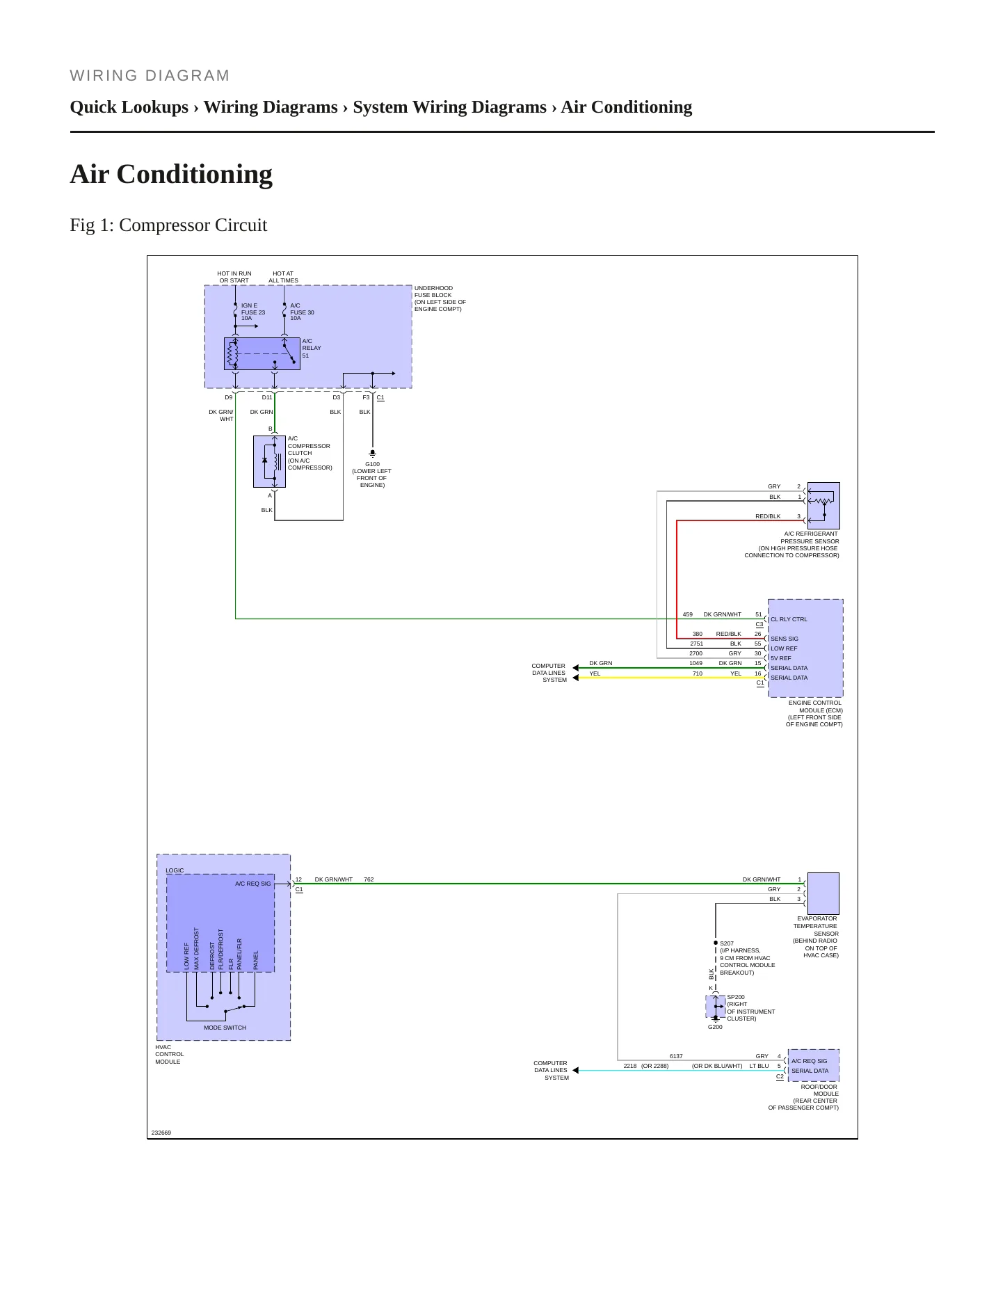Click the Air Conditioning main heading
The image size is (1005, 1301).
[x=171, y=174]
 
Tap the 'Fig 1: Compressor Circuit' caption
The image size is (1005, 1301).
[x=168, y=225]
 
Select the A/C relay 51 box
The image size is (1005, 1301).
[x=262, y=353]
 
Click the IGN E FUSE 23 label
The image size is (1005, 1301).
[x=253, y=312]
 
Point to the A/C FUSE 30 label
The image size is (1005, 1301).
[x=302, y=312]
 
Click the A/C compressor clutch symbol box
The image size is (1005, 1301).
[x=269, y=461]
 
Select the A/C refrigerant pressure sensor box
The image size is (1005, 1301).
[x=823, y=506]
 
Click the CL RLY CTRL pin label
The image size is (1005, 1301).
[x=789, y=619]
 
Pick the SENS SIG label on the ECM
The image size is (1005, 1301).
[x=785, y=639]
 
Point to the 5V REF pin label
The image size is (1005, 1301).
[x=780, y=658]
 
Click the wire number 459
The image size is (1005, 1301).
[x=688, y=614]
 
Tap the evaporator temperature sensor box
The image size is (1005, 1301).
[x=823, y=893]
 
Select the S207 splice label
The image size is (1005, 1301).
[x=727, y=943]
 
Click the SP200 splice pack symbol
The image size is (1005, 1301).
[x=716, y=1006]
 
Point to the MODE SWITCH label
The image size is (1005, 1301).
[x=225, y=1028]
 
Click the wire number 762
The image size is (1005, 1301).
[x=369, y=879]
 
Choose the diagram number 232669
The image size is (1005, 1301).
[x=161, y=1133]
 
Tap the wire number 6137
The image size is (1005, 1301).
[x=676, y=1056]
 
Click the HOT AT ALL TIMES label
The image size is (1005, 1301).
[x=283, y=277]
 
